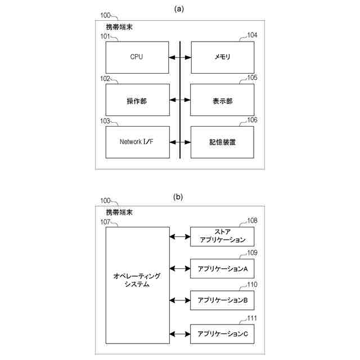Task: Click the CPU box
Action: tap(137, 57)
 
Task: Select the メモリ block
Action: tap(222, 57)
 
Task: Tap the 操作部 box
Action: tap(137, 100)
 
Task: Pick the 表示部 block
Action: tap(222, 100)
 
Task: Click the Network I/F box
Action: tap(137, 142)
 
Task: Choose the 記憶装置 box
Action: tap(222, 142)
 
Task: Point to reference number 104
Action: tap(252, 35)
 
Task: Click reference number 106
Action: tap(252, 120)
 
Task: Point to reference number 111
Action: tap(252, 318)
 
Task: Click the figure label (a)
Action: tap(179, 8)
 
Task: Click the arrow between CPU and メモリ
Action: tap(180, 57)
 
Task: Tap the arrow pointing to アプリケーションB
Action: tap(179, 300)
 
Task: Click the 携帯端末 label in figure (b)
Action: tap(119, 213)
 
